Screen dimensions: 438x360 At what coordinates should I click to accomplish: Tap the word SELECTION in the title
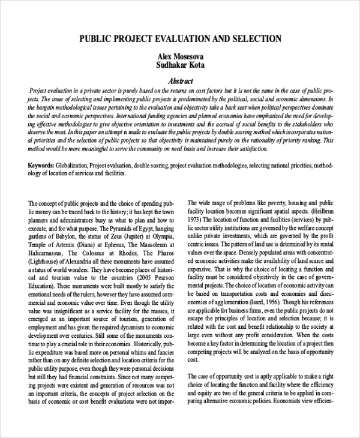[x=254, y=39]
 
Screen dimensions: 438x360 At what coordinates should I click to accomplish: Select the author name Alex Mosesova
[x=179, y=56]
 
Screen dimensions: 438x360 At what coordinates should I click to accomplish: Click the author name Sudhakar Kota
[x=179, y=66]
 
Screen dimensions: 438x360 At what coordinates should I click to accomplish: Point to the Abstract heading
[x=179, y=81]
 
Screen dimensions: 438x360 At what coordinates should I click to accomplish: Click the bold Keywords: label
[x=41, y=164]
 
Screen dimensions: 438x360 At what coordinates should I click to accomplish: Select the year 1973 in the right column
[x=196, y=220]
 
